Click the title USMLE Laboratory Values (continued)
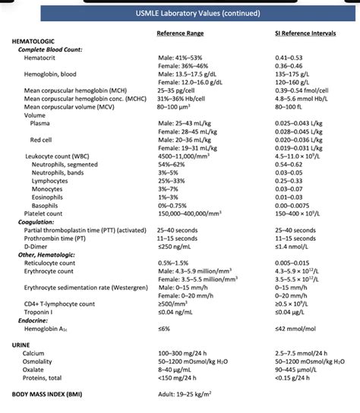coord(180,14)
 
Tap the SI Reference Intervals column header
coord(305,33)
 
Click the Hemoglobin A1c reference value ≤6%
coord(164,329)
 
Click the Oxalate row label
coord(34,369)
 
